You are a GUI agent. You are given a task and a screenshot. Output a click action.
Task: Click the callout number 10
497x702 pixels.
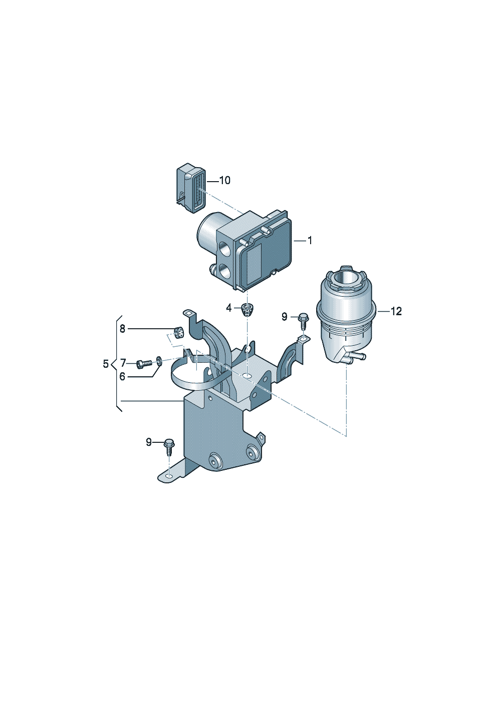[x=224, y=181]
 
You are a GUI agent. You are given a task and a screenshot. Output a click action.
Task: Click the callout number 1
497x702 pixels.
[x=310, y=241]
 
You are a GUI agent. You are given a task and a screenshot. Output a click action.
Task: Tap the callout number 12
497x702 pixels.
[x=396, y=311]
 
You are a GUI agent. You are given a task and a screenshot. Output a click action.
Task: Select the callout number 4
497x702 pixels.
[x=229, y=308]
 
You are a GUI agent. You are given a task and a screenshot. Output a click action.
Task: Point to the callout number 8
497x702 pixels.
[x=122, y=329]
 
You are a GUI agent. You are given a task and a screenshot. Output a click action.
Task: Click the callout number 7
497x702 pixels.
[x=123, y=363]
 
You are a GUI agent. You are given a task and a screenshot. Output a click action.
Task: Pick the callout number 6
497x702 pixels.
[x=122, y=377]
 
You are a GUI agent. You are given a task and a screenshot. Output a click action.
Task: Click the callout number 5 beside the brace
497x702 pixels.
[x=106, y=364]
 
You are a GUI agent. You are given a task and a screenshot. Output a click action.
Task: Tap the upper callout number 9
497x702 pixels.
[x=284, y=317]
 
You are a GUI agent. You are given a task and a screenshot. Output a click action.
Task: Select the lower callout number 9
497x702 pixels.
[x=149, y=442]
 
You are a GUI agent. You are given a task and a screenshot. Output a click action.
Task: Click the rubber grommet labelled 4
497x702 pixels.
[x=247, y=310]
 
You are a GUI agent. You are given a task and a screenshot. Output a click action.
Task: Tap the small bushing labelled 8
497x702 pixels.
[x=179, y=332]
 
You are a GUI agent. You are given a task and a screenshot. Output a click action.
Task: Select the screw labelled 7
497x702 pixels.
[x=144, y=364]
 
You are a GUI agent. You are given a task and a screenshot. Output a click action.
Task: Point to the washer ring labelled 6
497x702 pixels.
[x=159, y=361]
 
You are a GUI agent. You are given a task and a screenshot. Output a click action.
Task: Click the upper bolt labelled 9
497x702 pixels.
[x=304, y=321]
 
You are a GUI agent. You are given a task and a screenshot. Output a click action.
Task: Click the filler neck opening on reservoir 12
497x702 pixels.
[x=345, y=277]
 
